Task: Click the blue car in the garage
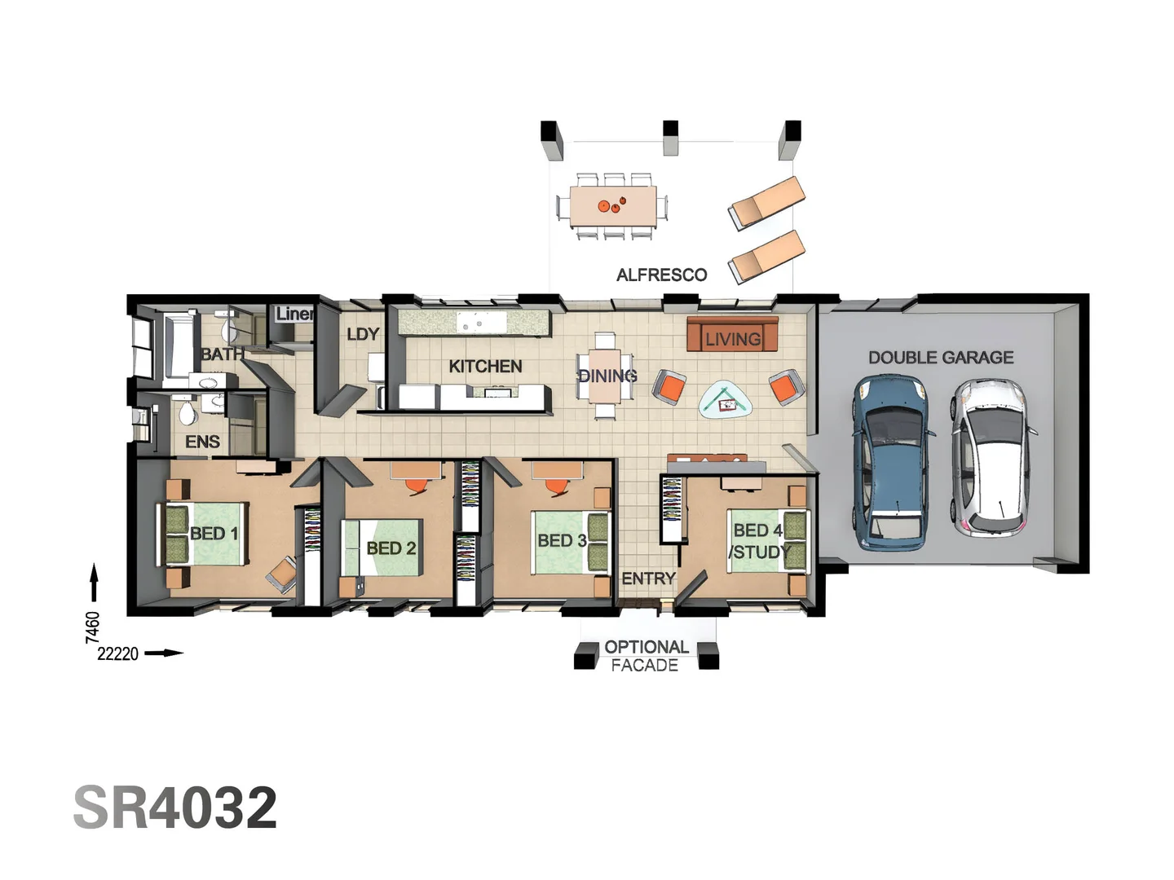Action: coord(890,461)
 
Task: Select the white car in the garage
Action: coord(991,458)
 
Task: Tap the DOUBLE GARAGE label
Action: coord(940,357)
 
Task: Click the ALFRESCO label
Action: coord(661,275)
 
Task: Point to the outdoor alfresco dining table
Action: coord(612,206)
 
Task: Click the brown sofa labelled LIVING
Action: coord(732,335)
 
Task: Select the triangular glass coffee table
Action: coord(726,400)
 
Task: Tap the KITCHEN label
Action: coord(485,367)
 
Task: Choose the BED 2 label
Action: coord(391,548)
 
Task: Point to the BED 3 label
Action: coord(561,540)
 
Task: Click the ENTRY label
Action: coord(648,579)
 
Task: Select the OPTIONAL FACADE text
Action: coord(645,656)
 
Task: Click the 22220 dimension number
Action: coord(117,653)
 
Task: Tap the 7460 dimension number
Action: coord(93,627)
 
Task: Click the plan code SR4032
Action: coord(175,808)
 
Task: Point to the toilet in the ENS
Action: coord(188,414)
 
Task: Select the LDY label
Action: coord(362,334)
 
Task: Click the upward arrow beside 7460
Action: coord(94,583)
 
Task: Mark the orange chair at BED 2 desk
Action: coord(416,486)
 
